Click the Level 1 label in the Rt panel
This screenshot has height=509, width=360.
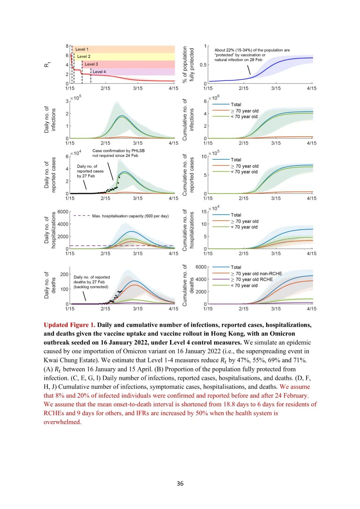coord(82,49)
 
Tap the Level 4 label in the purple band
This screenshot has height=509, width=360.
coord(99,72)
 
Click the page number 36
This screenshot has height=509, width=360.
coord(180,483)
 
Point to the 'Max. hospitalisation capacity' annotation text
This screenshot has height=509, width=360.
coord(130,216)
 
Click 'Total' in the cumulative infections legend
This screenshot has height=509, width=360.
coord(236,105)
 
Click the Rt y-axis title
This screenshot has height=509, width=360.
coord(47,64)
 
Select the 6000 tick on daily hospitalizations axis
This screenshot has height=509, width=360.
coord(63,212)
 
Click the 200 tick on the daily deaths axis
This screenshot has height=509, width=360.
coord(64,274)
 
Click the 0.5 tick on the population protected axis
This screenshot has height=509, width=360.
coord(203,65)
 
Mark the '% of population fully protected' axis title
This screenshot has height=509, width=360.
coord(188,65)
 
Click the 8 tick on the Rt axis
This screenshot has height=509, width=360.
coord(67,46)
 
